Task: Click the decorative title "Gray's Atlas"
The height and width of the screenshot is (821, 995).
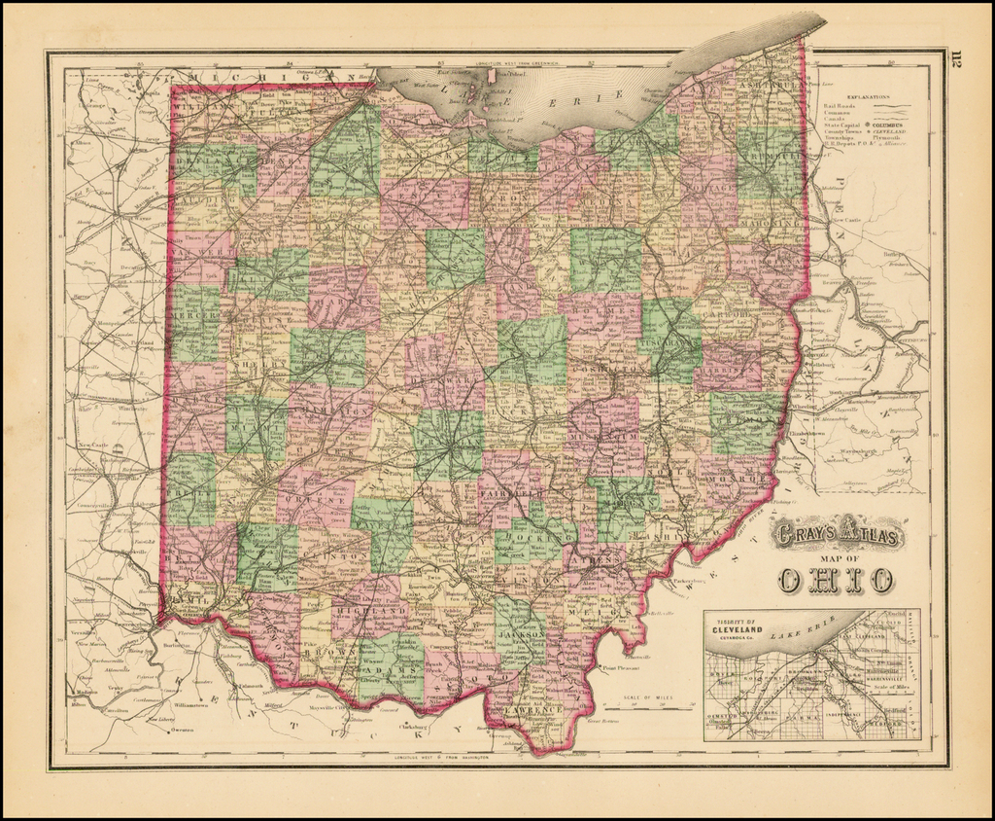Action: click(x=837, y=534)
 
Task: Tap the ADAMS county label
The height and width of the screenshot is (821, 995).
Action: click(x=394, y=670)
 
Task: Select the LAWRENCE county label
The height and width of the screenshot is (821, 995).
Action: click(x=532, y=711)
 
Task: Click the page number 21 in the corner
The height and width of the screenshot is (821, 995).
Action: click(x=954, y=63)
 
